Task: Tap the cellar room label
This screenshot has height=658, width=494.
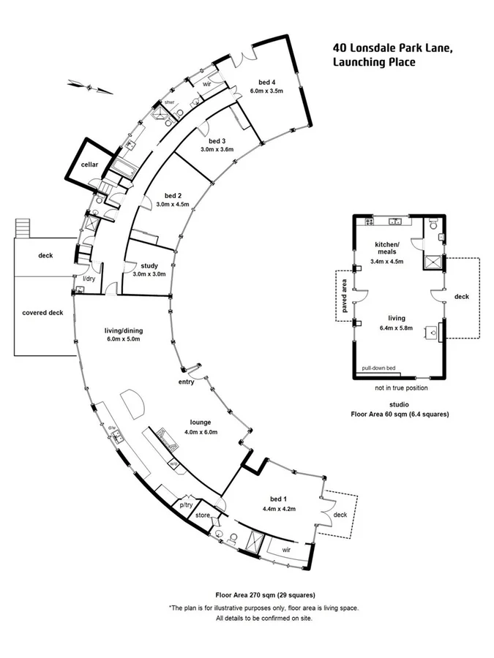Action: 90,164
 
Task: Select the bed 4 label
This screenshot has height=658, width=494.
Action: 266,81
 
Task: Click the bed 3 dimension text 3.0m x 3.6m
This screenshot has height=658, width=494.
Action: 217,149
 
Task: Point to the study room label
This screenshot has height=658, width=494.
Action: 149,265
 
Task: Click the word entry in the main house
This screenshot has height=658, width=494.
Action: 186,382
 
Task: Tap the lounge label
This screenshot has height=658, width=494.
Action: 200,422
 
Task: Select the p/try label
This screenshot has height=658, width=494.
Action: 186,504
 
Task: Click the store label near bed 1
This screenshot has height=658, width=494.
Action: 202,515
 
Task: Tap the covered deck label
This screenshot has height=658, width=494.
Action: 42,313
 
